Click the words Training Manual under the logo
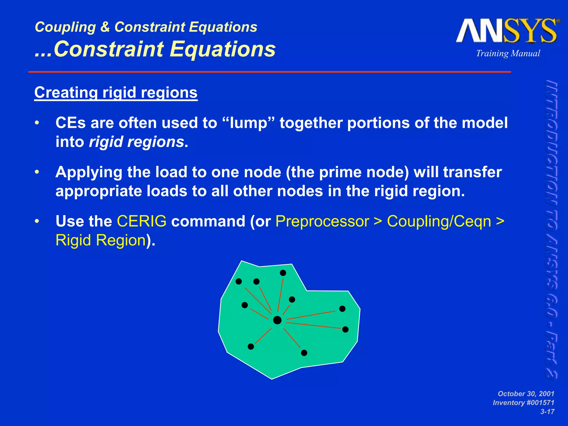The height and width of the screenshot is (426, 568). [x=508, y=53]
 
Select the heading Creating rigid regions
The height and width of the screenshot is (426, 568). [x=116, y=92]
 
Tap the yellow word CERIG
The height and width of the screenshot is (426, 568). [x=141, y=221]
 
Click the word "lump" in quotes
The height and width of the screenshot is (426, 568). [x=248, y=123]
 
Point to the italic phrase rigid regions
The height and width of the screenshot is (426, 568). [x=136, y=142]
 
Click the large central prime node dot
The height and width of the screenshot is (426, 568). [x=277, y=320]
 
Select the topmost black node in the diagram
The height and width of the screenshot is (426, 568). [x=283, y=273]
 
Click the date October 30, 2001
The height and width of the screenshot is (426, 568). [x=526, y=394]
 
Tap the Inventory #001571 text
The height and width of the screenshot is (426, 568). [x=523, y=402]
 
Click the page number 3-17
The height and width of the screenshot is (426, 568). [x=547, y=412]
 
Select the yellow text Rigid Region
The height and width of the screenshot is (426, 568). [x=101, y=240]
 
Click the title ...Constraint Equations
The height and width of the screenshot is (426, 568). [x=155, y=49]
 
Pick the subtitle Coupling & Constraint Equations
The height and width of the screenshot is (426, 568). [x=146, y=27]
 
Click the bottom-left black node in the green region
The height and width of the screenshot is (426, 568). [x=251, y=346]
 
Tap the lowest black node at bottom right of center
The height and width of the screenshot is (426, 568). [x=304, y=353]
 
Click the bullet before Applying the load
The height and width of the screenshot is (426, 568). [x=37, y=172]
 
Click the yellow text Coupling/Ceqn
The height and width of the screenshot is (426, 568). [x=439, y=221]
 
